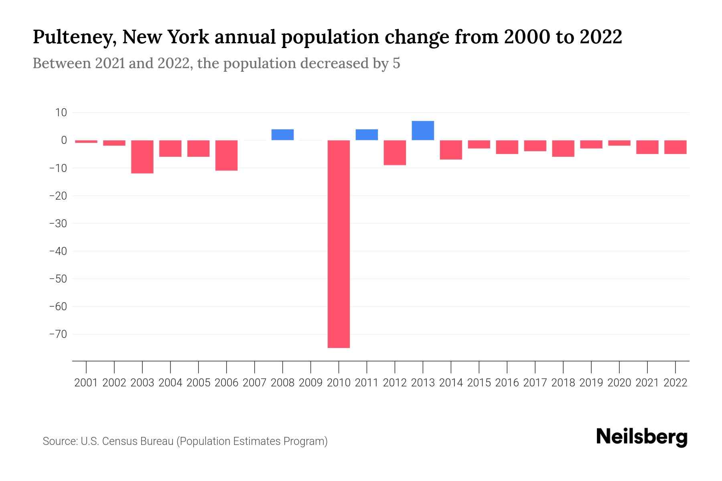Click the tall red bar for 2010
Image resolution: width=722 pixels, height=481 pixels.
click(x=339, y=244)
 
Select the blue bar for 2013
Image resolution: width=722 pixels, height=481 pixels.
click(x=423, y=131)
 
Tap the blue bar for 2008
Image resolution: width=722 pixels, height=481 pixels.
click(x=282, y=135)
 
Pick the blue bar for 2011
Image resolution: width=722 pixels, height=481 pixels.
click(x=367, y=135)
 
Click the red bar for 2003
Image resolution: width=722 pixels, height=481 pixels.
click(x=142, y=157)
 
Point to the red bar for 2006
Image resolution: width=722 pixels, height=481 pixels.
click(x=227, y=156)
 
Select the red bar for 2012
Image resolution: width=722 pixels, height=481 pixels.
click(x=395, y=153)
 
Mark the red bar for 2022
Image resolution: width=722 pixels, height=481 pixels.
click(x=675, y=147)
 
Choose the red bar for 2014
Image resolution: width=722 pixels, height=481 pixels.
click(x=451, y=150)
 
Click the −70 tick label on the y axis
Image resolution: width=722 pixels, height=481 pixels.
click(x=58, y=334)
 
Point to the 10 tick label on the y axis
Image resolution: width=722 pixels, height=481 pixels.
click(x=61, y=113)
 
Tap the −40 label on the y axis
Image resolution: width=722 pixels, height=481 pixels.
click(x=58, y=251)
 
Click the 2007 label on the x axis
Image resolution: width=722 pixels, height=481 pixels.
click(x=255, y=383)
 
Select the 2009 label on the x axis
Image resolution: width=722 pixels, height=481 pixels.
click(x=311, y=383)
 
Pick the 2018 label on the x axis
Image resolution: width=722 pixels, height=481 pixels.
click(x=563, y=383)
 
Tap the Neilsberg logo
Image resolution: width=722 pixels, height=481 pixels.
click(x=642, y=437)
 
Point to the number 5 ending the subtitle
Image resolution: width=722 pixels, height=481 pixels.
click(x=396, y=63)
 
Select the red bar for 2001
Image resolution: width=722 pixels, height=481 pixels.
click(x=86, y=141)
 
